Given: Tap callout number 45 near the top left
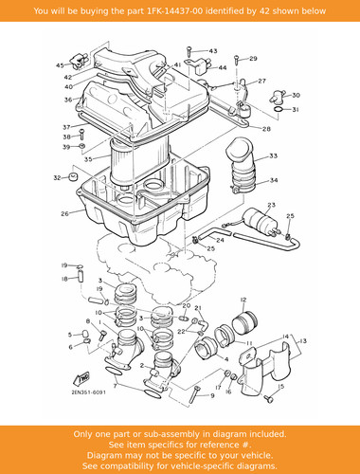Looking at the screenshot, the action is click(60, 65).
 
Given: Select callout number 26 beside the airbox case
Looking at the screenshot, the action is click(64, 214).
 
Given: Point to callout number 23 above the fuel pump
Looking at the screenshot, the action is click(271, 205).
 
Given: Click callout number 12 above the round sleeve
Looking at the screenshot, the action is click(243, 300).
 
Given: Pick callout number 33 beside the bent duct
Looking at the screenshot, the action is click(273, 155).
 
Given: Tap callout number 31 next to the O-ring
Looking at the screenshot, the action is click(296, 110).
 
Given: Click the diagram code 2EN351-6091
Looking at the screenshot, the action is click(89, 392).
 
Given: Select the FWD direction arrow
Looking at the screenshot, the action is click(81, 378).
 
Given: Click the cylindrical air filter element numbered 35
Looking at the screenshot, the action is click(139, 161).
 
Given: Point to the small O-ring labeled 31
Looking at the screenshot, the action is click(278, 109).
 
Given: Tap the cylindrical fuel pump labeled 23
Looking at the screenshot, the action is click(260, 219).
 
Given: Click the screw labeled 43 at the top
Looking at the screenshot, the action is click(189, 52).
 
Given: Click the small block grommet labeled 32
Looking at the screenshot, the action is click(73, 177).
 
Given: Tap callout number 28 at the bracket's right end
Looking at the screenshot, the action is click(266, 129).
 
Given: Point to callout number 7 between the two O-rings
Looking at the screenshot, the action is click(116, 386).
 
